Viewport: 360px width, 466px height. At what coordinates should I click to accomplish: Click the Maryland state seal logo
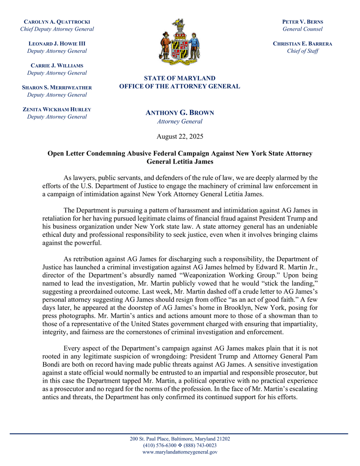tap(180, 42)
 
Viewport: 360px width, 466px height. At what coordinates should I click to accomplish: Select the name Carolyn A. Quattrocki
tap(57, 22)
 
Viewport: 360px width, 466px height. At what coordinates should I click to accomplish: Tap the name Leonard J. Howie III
tap(57, 43)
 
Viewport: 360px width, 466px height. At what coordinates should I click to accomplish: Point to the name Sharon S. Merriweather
tap(57, 87)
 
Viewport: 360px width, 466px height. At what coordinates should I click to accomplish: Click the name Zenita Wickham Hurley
tap(57, 110)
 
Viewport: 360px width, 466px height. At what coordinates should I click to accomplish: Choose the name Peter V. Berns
tap(303, 22)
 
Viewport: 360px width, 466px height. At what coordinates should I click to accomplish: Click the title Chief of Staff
tap(303, 51)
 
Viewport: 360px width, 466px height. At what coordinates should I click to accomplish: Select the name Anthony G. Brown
tap(180, 113)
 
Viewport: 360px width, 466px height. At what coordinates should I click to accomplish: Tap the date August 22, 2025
tap(180, 136)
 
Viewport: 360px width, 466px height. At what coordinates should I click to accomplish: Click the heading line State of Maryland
tap(180, 78)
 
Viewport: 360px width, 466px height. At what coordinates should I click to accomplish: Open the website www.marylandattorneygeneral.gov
tap(180, 452)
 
